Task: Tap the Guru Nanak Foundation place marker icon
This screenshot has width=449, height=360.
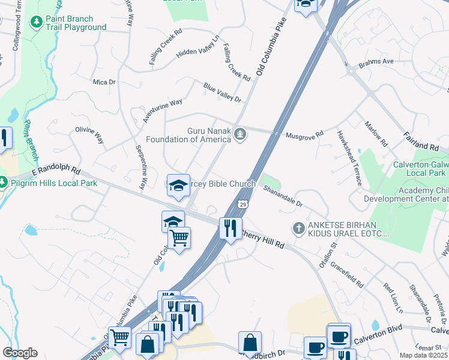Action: [240, 134]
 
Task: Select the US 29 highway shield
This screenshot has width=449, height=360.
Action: [243, 205]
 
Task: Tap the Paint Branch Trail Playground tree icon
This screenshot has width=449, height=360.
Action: [37, 22]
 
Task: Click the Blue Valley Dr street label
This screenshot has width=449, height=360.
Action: [221, 92]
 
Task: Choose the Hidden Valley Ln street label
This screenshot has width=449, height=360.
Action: [197, 47]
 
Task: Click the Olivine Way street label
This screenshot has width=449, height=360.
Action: [89, 134]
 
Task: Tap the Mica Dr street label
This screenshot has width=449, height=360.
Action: [103, 81]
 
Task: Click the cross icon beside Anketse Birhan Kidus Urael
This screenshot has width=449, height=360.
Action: [298, 228]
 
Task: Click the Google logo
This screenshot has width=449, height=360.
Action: [20, 353]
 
